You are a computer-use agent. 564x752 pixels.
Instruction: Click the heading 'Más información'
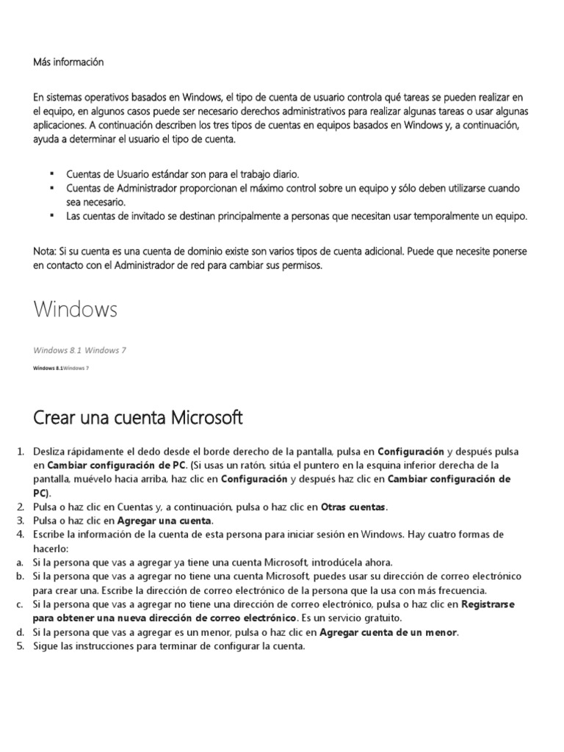click(x=68, y=62)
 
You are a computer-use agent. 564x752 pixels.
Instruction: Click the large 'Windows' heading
click(x=75, y=309)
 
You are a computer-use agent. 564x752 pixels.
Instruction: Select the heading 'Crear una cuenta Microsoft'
click(x=138, y=418)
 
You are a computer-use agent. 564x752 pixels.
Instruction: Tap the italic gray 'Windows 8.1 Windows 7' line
click(x=79, y=350)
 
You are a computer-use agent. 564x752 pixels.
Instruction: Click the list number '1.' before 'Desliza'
click(x=21, y=451)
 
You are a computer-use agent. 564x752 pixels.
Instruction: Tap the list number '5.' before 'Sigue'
click(x=21, y=646)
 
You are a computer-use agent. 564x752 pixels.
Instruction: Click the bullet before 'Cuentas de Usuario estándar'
click(x=52, y=174)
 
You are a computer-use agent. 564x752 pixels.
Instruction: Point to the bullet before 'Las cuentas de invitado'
click(x=52, y=216)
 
